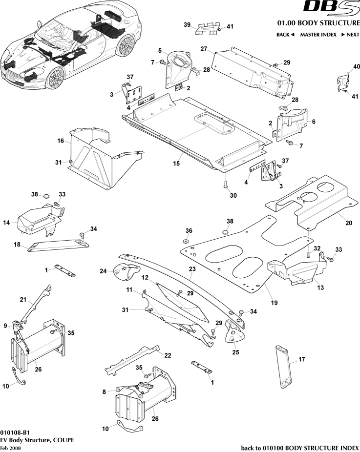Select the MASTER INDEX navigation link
coord(318,35)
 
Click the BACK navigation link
coord(285,35)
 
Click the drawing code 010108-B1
coord(15,432)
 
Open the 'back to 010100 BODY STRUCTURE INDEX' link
coord(300,448)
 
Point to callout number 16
coord(61,141)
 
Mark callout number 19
coord(274,303)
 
